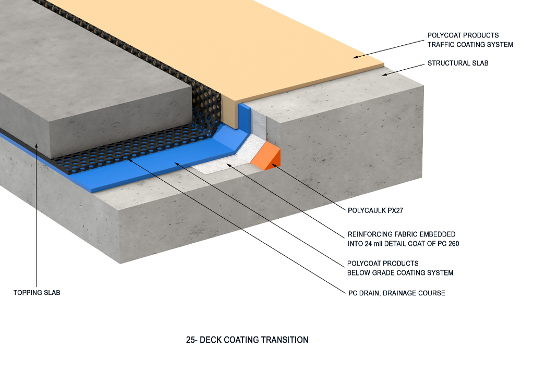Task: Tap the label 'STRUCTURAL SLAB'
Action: (458, 64)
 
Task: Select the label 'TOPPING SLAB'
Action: (37, 293)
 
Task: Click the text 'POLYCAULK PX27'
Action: (375, 211)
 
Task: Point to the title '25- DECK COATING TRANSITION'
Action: (247, 340)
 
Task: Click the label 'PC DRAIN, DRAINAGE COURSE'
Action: (396, 293)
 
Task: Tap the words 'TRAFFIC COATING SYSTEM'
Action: (470, 45)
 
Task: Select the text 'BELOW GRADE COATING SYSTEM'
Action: (400, 272)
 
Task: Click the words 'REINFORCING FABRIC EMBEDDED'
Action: (401, 234)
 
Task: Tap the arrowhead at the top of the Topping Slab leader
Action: (36, 145)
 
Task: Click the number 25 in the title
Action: (190, 340)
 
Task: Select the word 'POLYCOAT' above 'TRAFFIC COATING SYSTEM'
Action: (443, 35)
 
